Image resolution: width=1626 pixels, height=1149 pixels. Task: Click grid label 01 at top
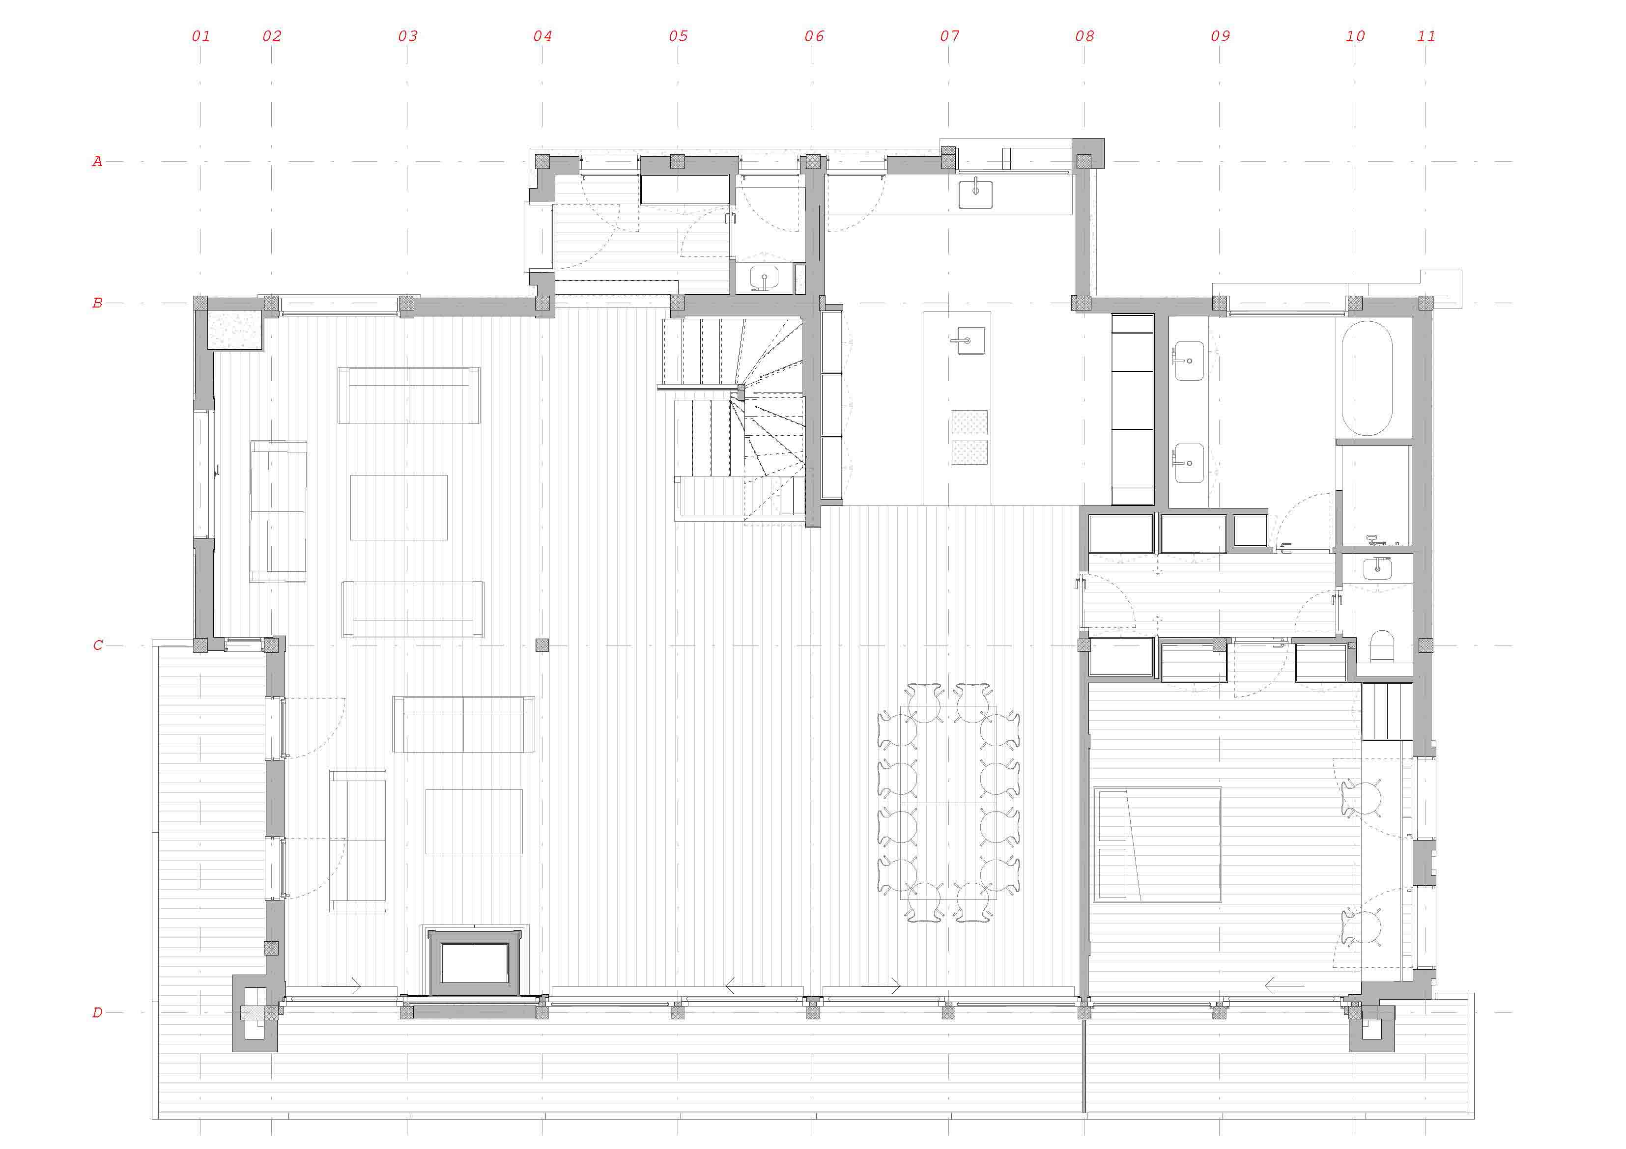coord(201,36)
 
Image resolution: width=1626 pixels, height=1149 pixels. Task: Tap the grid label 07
coord(950,36)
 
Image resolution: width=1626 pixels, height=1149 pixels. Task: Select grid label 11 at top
coord(1426,36)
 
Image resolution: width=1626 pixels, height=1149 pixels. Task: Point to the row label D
coord(98,1012)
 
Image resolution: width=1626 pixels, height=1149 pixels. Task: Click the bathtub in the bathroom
coord(1367,378)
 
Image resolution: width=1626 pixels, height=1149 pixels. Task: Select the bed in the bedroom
coord(1157,844)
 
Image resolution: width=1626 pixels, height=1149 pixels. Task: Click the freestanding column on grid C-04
coord(542,645)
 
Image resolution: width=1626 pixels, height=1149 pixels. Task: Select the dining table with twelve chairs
coord(948,803)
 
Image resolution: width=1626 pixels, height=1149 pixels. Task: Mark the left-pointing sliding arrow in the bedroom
coord(1284,985)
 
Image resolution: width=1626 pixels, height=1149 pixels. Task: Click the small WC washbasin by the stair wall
coord(765,278)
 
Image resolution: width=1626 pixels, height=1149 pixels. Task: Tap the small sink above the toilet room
coord(1377,568)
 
